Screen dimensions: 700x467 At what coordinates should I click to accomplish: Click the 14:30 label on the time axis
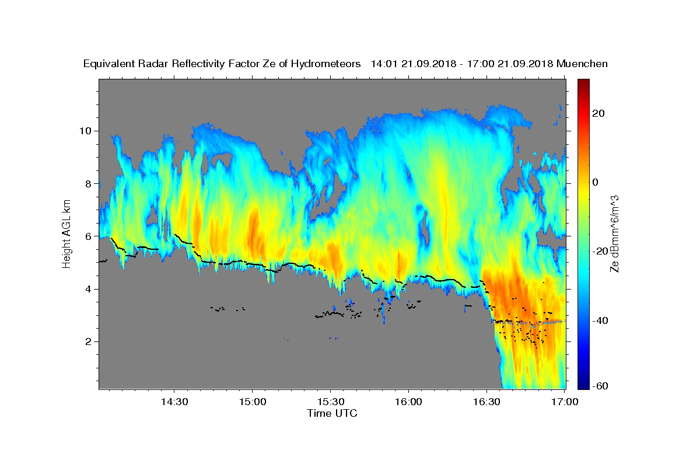[174, 402]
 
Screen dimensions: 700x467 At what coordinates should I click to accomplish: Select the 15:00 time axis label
[253, 402]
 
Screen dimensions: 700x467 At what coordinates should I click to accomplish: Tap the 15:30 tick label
[331, 402]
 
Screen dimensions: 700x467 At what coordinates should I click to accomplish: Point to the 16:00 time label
[408, 402]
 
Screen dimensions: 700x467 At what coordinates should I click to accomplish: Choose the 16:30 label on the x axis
[487, 402]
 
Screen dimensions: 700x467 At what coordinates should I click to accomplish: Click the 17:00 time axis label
[565, 402]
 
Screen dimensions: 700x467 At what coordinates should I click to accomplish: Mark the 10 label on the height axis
[85, 131]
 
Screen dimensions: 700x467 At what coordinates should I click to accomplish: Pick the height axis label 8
[89, 184]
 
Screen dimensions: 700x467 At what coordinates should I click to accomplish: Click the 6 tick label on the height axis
[89, 236]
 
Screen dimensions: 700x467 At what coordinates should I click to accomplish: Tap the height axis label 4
[89, 289]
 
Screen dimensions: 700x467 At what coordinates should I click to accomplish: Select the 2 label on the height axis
[89, 341]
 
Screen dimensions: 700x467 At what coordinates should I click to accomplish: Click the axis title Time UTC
[332, 413]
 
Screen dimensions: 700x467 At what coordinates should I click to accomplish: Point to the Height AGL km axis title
[66, 234]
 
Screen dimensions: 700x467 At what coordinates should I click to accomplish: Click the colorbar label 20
[598, 113]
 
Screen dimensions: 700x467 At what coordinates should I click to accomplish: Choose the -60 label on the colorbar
[600, 386]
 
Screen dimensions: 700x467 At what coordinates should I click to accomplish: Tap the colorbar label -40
[600, 320]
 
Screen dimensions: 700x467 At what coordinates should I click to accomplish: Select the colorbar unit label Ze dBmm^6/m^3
[614, 234]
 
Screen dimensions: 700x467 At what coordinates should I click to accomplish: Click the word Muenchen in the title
[582, 64]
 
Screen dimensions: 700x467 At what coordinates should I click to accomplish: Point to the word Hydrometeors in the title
[325, 64]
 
